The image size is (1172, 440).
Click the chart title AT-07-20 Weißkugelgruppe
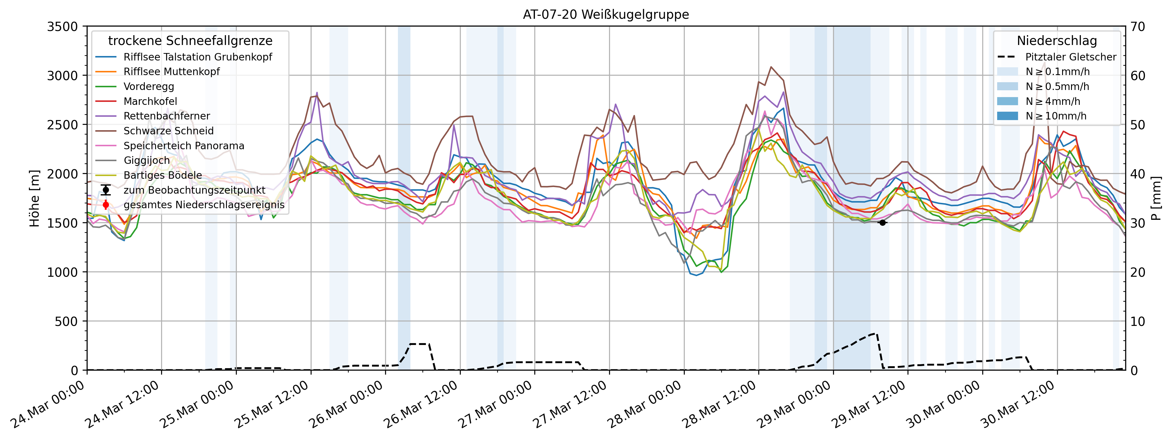pyautogui.click(x=606, y=15)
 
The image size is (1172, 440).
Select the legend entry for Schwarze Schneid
pyautogui.click(x=168, y=131)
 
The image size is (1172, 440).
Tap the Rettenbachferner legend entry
pyautogui.click(x=166, y=116)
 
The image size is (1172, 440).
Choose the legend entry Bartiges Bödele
pyautogui.click(x=162, y=175)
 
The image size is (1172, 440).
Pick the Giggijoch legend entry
pyautogui.click(x=147, y=161)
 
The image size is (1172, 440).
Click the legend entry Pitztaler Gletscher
pyautogui.click(x=1070, y=57)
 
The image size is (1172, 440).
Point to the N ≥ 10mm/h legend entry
pyautogui.click(x=1056, y=116)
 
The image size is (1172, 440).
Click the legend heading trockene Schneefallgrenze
pyautogui.click(x=190, y=41)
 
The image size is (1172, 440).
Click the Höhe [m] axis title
pyautogui.click(x=35, y=198)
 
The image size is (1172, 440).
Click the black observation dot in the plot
pyautogui.click(x=882, y=223)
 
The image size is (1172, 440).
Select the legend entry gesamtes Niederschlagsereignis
pyautogui.click(x=204, y=205)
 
